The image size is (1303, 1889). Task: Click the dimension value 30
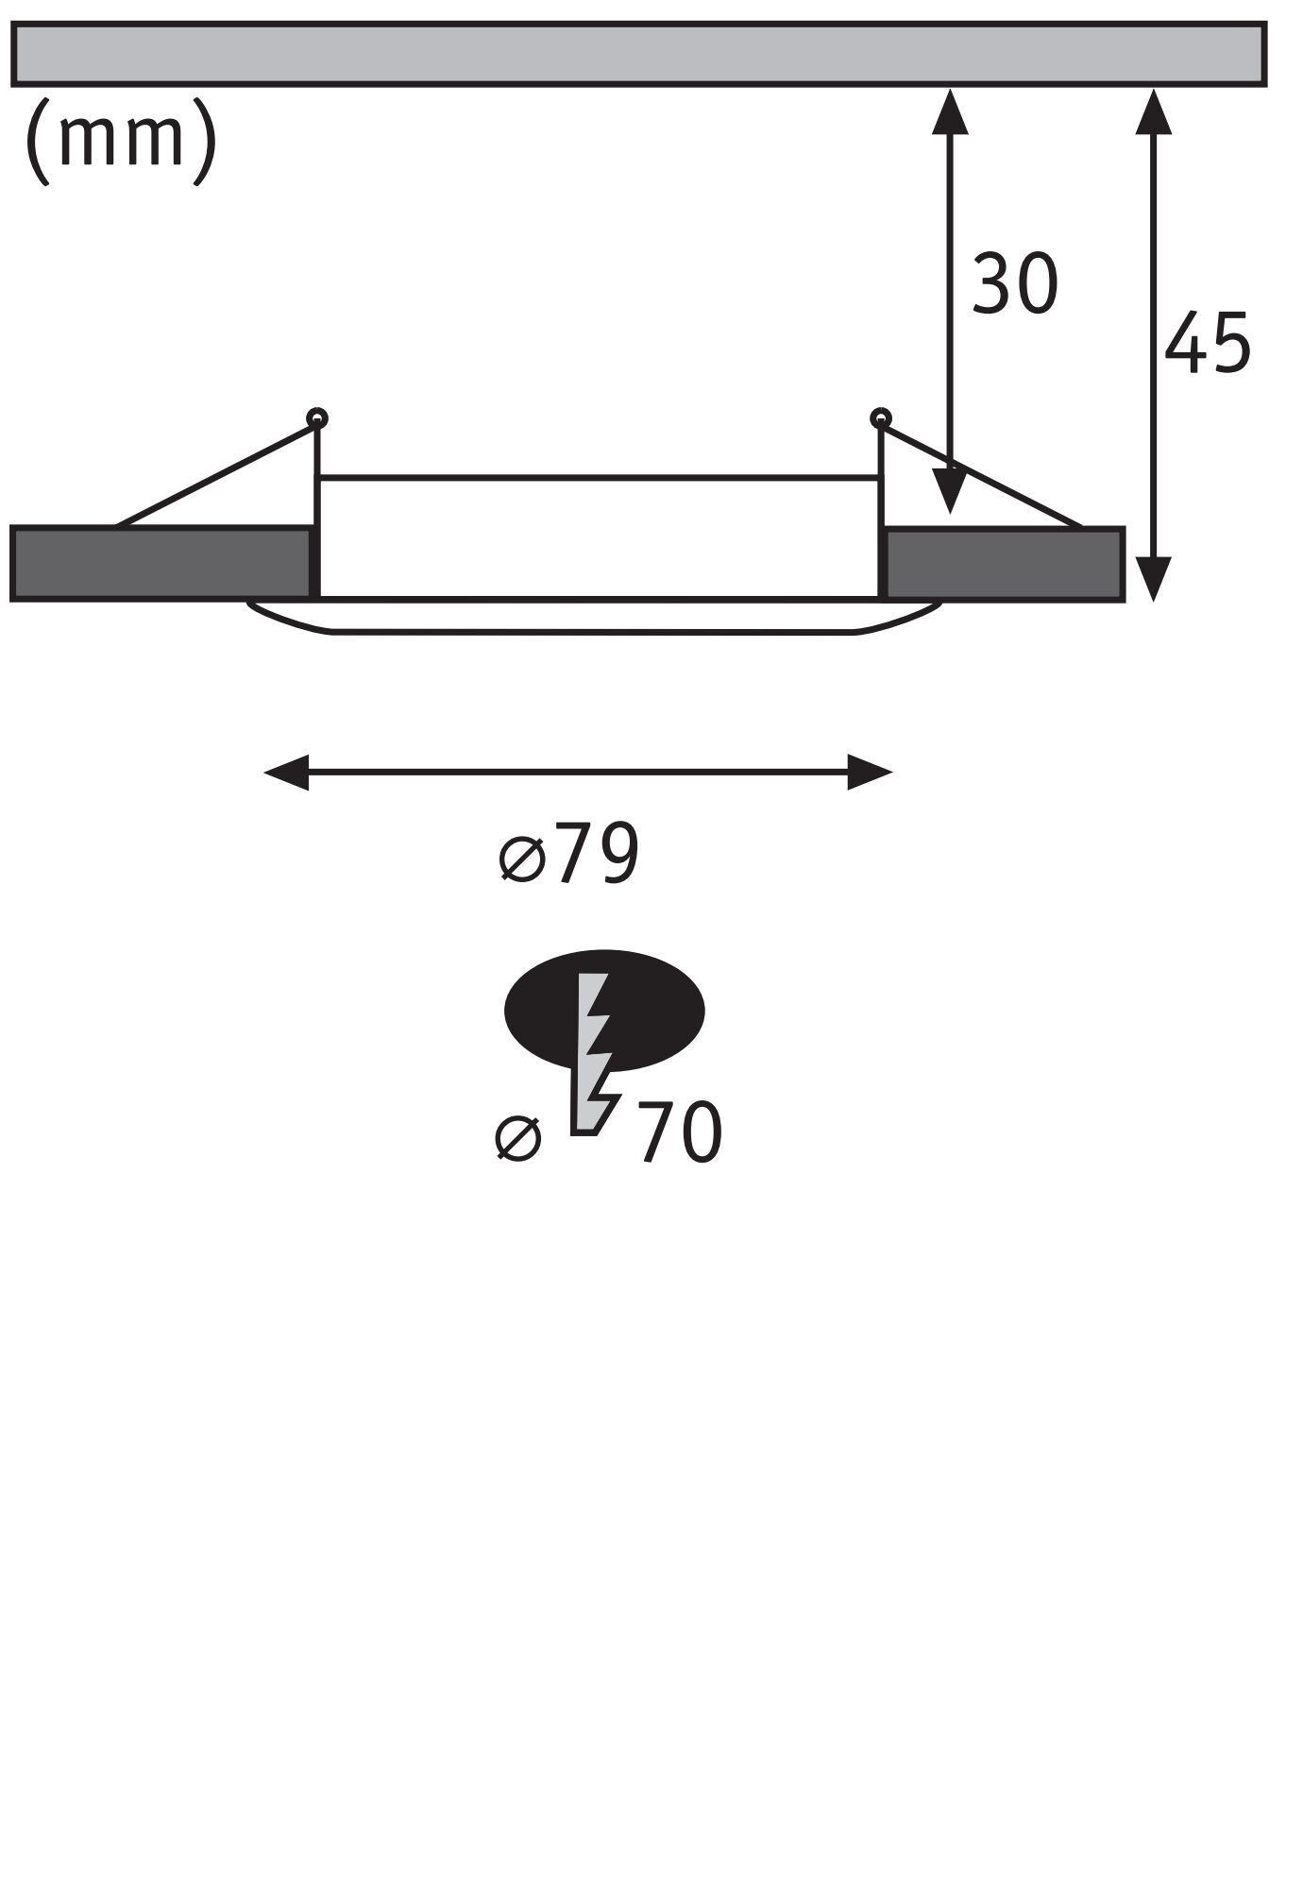1014,283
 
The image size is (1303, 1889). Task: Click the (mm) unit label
120,140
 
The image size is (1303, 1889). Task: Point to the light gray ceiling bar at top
638,54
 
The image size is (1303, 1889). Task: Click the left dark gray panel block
161,563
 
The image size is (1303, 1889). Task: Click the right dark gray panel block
1004,564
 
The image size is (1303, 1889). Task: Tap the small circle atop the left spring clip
317,417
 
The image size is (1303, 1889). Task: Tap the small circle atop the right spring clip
881,417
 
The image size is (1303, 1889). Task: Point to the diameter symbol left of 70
518,1137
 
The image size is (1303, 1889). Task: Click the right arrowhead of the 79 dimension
870,773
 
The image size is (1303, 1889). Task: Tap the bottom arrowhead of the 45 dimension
1153,578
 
